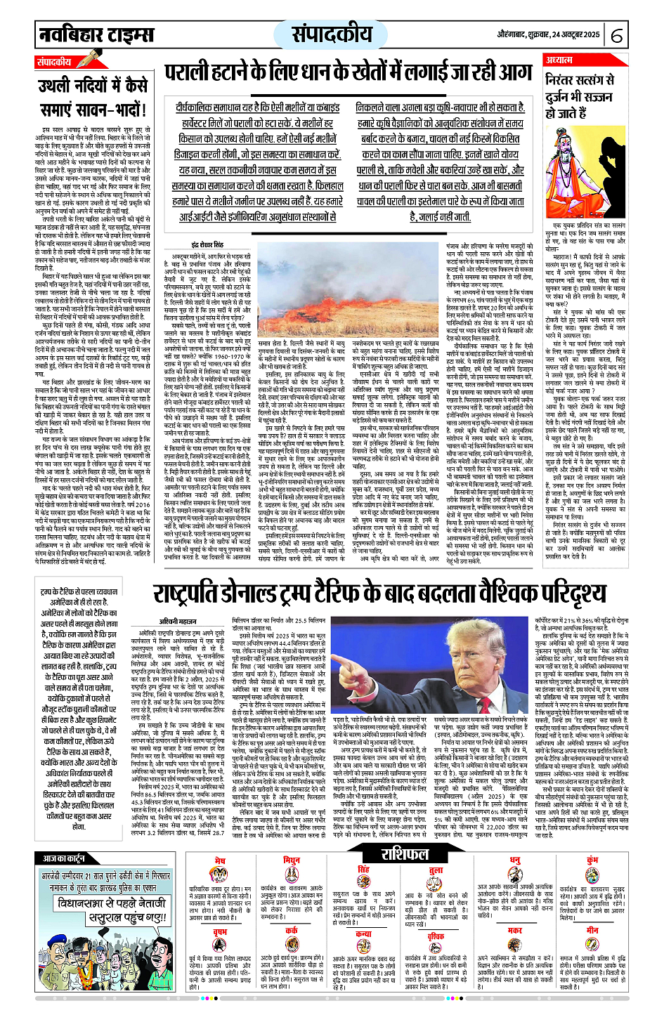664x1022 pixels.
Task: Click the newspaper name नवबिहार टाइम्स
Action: pos(96,34)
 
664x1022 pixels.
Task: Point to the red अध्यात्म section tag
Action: pos(561,60)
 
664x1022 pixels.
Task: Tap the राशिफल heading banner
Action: pos(405,854)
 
